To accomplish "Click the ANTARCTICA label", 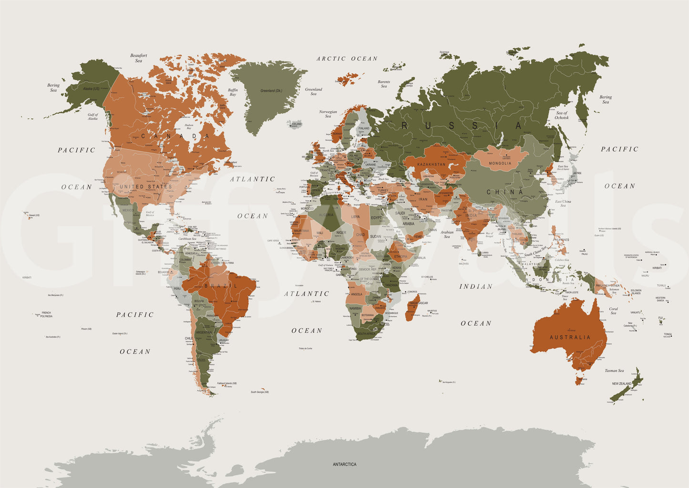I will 344,464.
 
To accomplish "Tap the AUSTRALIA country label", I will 570,337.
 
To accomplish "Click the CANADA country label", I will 175,136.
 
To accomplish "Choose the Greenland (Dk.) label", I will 271,91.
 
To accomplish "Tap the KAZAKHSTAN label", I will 431,165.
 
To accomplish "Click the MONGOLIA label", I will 500,163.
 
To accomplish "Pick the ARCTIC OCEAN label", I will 347,59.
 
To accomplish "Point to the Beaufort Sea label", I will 138,58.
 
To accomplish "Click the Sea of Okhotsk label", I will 561,115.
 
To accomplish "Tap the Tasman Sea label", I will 614,371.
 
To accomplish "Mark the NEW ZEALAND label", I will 622,384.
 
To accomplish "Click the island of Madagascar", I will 412,308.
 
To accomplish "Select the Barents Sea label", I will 384,84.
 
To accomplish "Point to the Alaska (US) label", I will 91,89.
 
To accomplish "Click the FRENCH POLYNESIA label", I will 46,314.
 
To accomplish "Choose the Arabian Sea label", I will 447,234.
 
